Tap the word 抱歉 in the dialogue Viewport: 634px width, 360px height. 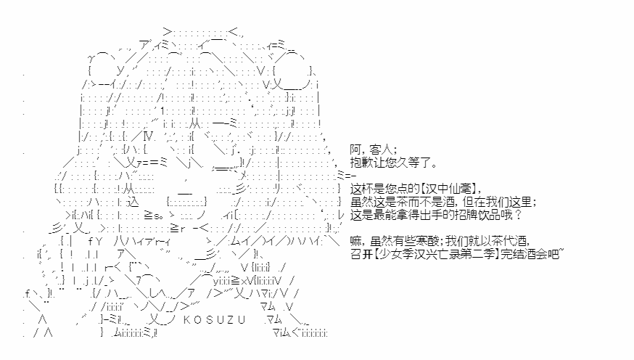[363, 163]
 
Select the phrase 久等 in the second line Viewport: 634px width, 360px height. [407, 163]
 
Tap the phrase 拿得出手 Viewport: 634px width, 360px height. [419, 215]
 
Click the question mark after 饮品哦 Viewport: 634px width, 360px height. [519, 215]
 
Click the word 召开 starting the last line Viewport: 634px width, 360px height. [361, 254]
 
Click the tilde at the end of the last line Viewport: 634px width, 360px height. [561, 251]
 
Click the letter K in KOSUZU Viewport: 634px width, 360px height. [187, 320]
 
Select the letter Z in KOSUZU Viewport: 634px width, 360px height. [231, 320]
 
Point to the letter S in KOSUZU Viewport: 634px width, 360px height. [209, 320]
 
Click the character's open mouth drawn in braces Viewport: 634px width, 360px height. [186, 202]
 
